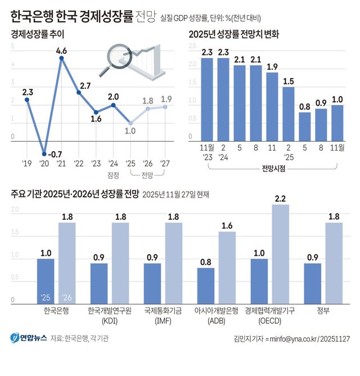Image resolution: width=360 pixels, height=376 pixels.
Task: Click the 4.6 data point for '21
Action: click(x=61, y=58)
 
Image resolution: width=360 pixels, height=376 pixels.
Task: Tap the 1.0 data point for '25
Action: click(x=130, y=123)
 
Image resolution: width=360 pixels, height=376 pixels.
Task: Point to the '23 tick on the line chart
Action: click(x=96, y=164)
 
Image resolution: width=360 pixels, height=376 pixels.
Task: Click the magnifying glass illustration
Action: click(x=116, y=60)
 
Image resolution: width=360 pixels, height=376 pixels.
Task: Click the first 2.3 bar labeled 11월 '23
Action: click(x=207, y=98)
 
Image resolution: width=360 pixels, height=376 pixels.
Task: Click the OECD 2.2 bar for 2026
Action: click(x=280, y=253)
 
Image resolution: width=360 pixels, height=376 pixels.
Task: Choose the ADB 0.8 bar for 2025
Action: click(x=206, y=285)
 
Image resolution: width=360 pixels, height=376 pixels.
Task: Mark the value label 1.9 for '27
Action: click(x=166, y=99)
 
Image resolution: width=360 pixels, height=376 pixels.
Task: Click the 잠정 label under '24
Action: click(x=113, y=175)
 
